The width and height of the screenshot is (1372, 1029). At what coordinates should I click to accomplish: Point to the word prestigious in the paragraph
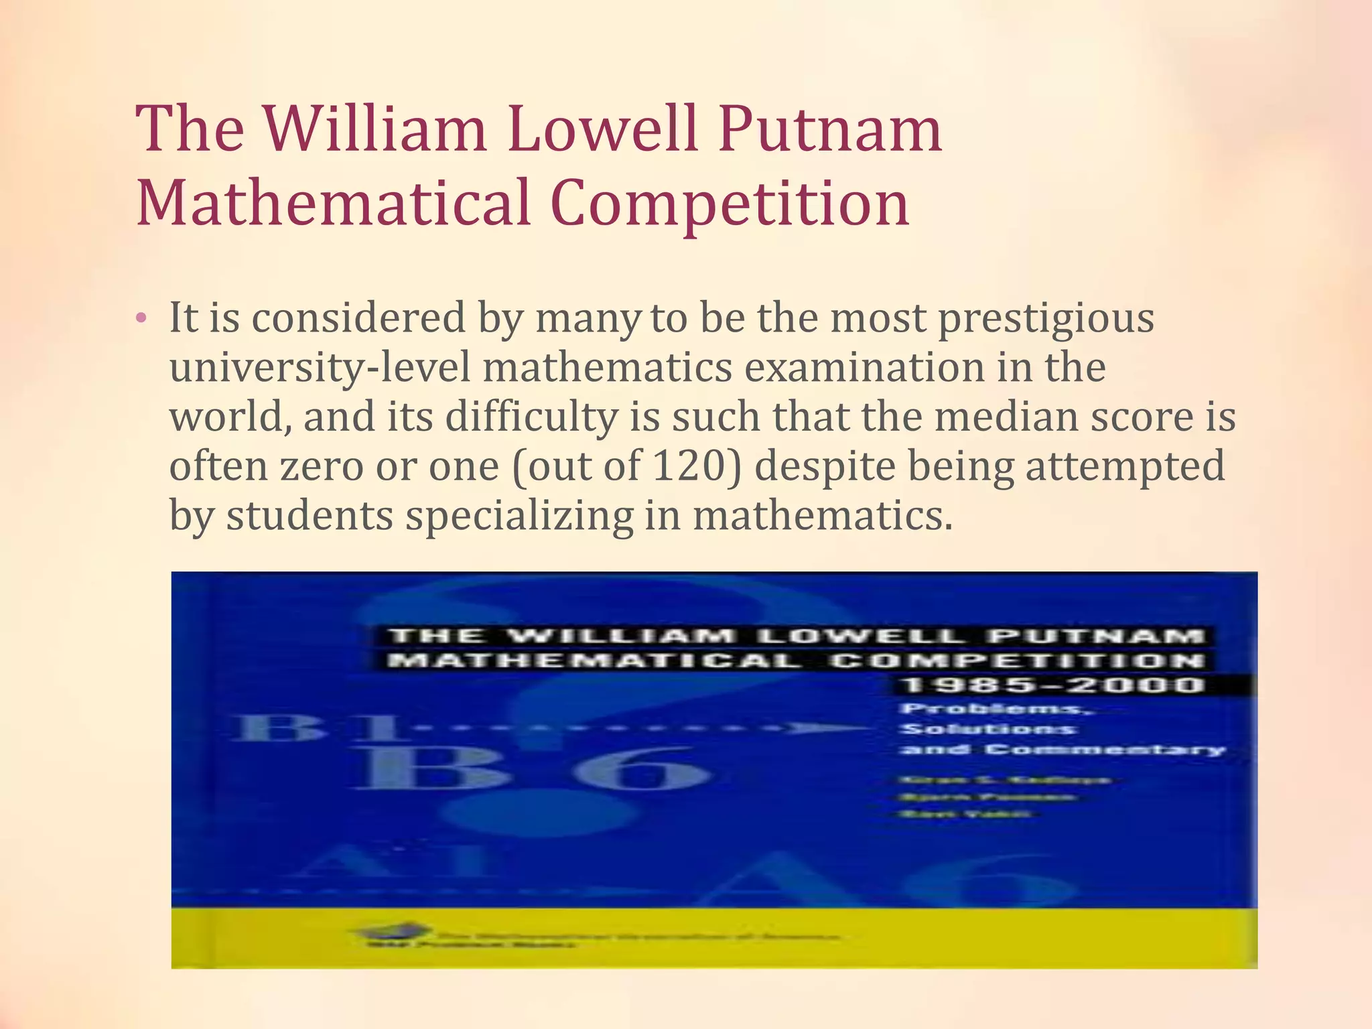[x=1046, y=319]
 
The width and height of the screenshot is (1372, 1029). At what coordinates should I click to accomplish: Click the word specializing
[x=519, y=516]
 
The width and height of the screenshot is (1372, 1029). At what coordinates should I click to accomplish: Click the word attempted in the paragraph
[x=1125, y=466]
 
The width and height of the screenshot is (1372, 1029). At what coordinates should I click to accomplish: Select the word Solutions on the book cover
[x=988, y=729]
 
